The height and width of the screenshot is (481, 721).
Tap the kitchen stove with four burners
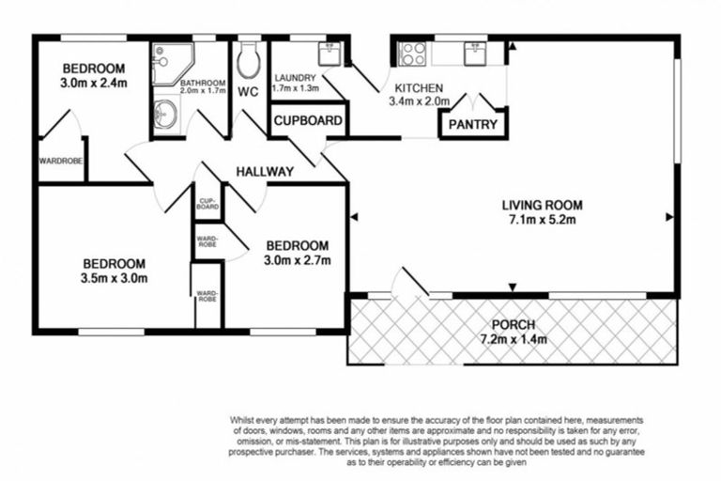tap(411, 54)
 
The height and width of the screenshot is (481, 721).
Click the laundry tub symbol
tap(330, 54)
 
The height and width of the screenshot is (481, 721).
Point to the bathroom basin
tap(165, 116)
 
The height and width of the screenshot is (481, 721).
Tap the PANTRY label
tap(473, 124)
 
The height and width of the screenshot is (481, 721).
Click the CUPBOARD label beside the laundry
tap(308, 121)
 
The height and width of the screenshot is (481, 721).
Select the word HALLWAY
tap(265, 172)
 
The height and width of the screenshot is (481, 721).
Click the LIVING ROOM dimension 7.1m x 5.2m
tap(542, 221)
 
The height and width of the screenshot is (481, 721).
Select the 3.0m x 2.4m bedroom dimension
tap(94, 83)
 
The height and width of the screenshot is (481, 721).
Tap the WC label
tap(248, 92)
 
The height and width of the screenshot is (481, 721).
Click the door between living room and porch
tap(411, 283)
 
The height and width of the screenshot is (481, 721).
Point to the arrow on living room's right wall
tap(669, 217)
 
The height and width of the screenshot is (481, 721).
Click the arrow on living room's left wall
tap(356, 217)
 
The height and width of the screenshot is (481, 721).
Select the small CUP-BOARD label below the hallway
tap(207, 203)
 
